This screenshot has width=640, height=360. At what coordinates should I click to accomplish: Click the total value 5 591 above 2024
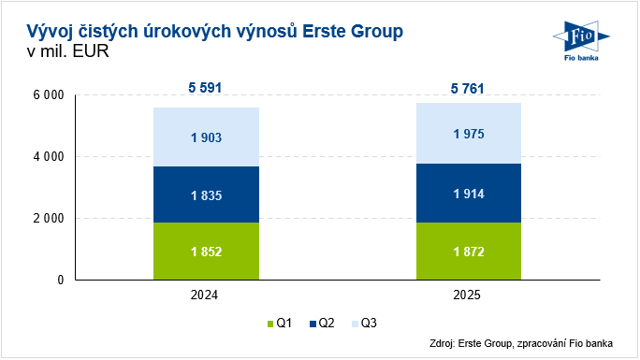(206, 89)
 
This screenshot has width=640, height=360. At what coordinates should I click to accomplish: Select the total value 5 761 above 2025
(469, 89)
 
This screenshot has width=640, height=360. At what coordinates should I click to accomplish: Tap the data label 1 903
(206, 137)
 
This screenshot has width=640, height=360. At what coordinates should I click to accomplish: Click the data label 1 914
(469, 193)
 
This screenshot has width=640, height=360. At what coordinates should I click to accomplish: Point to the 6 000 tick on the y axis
(48, 95)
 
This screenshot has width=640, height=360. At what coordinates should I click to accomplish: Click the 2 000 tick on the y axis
(48, 219)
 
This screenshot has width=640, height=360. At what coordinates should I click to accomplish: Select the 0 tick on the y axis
(59, 281)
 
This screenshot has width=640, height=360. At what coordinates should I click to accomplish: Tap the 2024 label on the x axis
(206, 296)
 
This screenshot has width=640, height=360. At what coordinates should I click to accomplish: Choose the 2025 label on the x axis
(469, 296)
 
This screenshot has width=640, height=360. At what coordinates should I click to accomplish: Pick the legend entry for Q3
(366, 324)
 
